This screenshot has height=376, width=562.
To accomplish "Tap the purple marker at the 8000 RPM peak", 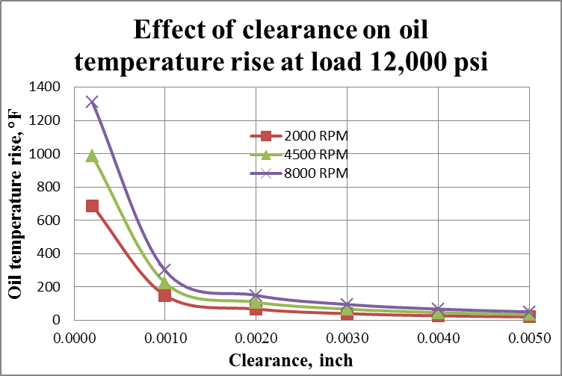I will click(92, 102).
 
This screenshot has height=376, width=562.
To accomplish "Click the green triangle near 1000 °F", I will click(92, 155).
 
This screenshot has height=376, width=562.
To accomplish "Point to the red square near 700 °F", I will click(92, 206).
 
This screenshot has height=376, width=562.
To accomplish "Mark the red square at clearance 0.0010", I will click(164, 295).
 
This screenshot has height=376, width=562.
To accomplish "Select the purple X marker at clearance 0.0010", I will click(164, 270).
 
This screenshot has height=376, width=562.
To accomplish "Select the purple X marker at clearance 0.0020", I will click(256, 296).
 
